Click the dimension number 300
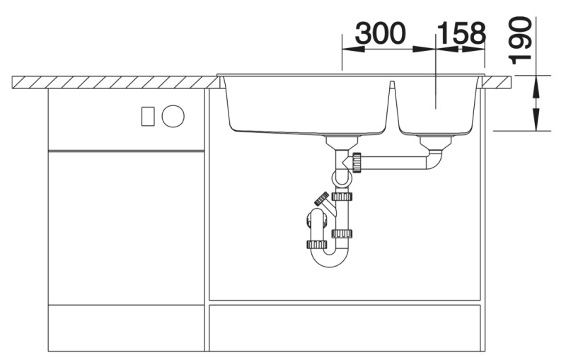pyautogui.click(x=381, y=33)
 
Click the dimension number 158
pyautogui.click(x=461, y=33)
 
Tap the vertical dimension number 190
pyautogui.click(x=520, y=40)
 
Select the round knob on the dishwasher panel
pyautogui.click(x=173, y=117)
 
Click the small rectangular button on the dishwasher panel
pyautogui.click(x=148, y=117)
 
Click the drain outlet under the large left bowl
pyautogui.click(x=342, y=141)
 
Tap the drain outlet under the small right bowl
pyautogui.click(x=436, y=143)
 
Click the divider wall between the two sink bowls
pyautogui.click(x=393, y=105)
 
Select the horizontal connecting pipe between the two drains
pyautogui.click(x=393, y=163)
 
